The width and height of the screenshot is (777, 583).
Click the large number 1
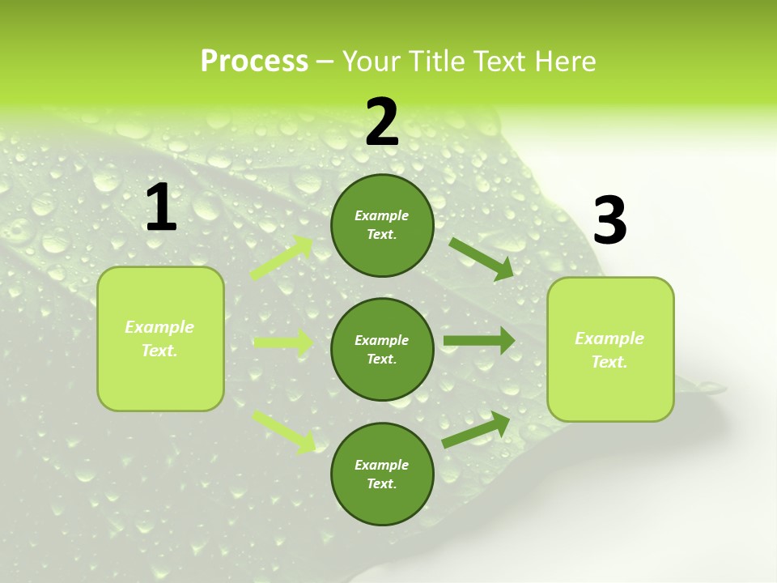point(161,208)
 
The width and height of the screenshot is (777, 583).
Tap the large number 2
point(382,122)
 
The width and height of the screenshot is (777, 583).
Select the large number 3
point(609,221)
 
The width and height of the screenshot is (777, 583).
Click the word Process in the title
point(254,62)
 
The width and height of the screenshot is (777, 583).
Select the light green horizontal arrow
point(283,343)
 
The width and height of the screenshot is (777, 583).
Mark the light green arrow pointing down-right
point(284,430)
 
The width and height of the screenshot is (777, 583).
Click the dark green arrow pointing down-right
point(481,258)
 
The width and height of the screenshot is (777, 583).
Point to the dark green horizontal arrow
point(478,341)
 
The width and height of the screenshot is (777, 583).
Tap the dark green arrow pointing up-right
point(476,430)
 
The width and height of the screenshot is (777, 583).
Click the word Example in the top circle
point(382,215)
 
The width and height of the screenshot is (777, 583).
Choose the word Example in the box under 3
point(609,338)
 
